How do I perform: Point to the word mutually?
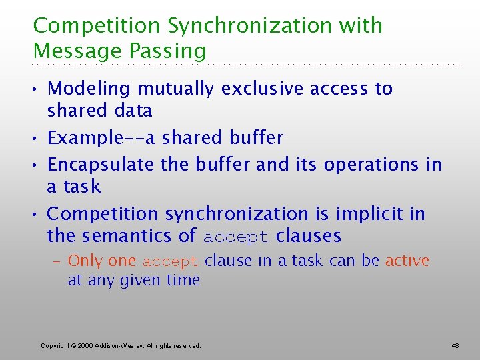point(177,89)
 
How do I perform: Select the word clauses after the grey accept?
point(308,235)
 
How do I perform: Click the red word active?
point(407,261)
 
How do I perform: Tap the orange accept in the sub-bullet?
point(171,261)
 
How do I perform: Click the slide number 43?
point(455,346)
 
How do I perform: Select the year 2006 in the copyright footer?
point(85,346)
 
